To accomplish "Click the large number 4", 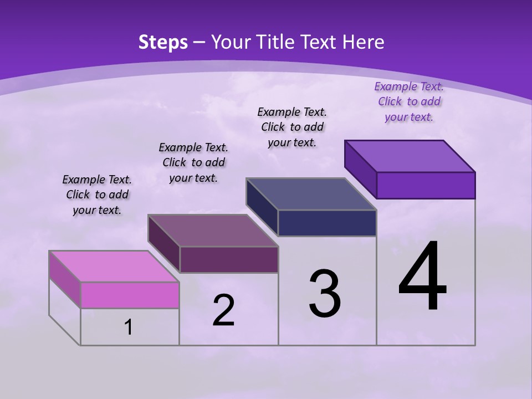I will point(423,277).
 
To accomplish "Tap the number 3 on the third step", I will point(324,294).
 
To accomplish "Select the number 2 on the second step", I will point(223,310).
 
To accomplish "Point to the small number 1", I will point(129,327).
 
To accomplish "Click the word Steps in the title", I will point(163,42).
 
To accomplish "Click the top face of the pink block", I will point(114,266).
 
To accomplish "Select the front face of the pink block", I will point(130,295).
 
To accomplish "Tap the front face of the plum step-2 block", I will point(229,259).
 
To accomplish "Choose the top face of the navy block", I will point(311,194).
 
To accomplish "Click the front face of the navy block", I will point(327,223).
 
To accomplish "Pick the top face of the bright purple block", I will point(410,156).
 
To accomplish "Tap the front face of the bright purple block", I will point(426,185).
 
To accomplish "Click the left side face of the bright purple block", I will point(360,169).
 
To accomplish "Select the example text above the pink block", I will point(97,195).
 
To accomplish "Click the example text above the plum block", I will point(193,162).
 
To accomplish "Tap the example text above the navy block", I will point(292,127).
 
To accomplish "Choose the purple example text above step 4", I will point(409,101).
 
